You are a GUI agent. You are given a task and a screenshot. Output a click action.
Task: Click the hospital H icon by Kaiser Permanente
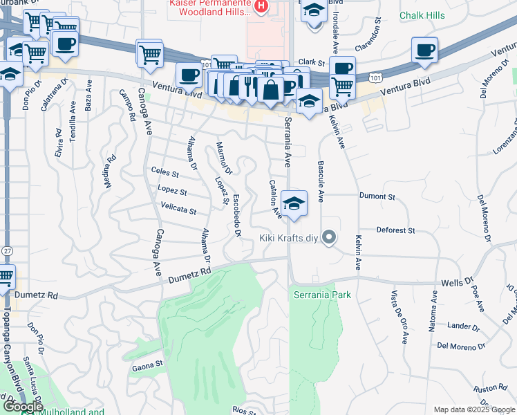tap(261, 7)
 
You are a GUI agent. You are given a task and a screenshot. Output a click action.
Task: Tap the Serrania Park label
tap(321, 295)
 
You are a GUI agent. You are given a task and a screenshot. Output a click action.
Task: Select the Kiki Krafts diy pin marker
tap(330, 238)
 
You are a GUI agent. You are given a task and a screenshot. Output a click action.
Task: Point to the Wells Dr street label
tap(456, 283)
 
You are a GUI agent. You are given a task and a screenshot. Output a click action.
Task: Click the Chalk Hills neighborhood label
tap(421, 15)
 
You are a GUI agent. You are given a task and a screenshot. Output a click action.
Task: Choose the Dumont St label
tap(377, 196)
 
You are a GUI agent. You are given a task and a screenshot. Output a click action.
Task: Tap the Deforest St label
tap(395, 230)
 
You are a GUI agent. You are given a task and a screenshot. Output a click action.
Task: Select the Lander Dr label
tap(463, 326)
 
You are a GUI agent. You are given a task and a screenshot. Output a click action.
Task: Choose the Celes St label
tap(164, 173)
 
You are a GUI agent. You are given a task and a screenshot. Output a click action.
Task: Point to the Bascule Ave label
tap(321, 181)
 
